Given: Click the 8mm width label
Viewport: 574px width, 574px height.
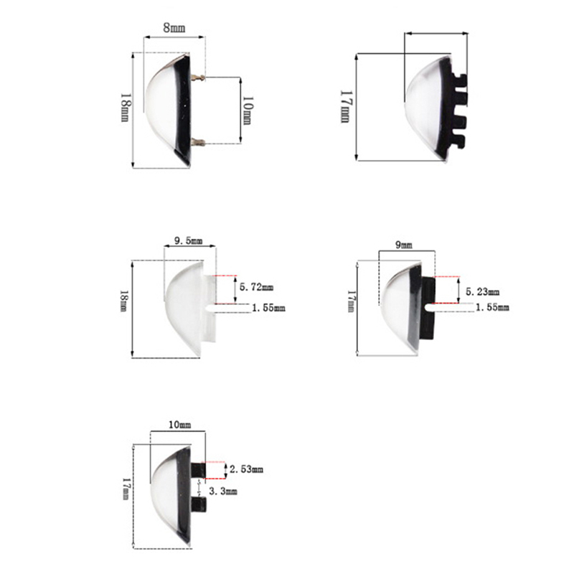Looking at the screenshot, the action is click(174, 28).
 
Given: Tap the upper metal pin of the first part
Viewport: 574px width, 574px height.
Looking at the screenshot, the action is click(198, 77).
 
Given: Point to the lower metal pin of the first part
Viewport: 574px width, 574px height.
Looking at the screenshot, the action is click(198, 141).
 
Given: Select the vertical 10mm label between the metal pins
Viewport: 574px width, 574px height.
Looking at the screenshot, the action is click(248, 110).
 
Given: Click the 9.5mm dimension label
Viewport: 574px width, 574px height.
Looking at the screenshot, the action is click(189, 241).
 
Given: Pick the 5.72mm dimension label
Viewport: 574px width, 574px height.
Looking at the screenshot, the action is click(256, 287).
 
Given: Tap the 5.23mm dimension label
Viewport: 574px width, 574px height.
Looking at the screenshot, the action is click(482, 292).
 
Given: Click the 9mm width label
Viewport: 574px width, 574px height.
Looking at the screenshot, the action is click(404, 245).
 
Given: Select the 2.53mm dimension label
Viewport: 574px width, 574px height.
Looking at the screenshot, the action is click(246, 469).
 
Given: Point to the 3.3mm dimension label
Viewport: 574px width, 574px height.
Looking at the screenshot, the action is click(223, 491).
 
